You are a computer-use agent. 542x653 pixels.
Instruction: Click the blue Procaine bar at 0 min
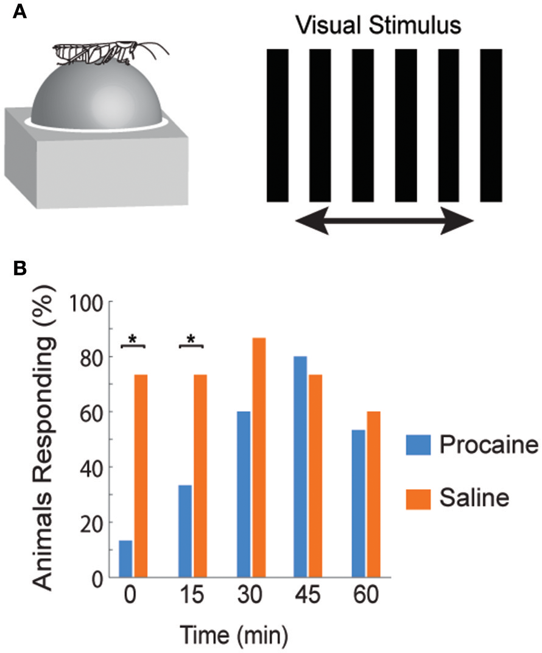125,559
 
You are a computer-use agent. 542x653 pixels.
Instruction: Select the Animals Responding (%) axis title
46,439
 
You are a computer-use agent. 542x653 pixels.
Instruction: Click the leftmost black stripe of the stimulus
278,124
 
